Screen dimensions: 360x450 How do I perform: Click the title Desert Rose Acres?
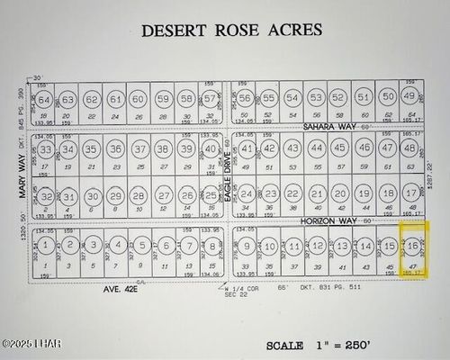coord(231,30)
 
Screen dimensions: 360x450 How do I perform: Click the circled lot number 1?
coord(46,245)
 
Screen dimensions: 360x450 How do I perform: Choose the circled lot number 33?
coord(45,148)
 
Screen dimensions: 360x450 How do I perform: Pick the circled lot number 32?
coord(45,196)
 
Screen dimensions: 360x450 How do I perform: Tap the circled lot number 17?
coord(410,193)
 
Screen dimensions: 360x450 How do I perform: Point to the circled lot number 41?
coord(247,148)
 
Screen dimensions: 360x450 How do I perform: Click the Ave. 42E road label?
coord(121,290)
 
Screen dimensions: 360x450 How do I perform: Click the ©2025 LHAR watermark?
coord(30,344)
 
